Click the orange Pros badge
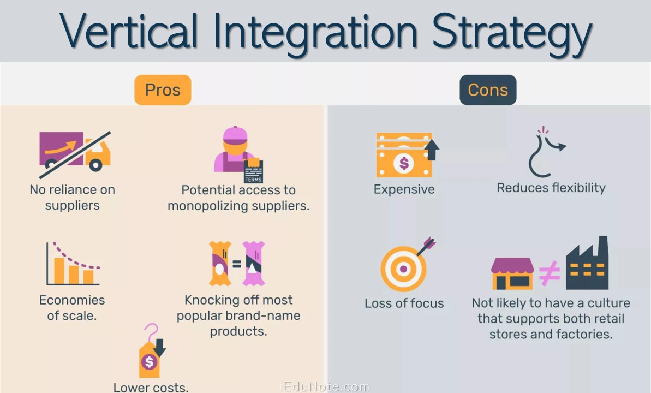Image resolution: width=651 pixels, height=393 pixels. pos(163,90)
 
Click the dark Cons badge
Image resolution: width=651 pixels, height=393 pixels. pos(488,90)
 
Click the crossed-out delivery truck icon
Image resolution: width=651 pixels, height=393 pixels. pos(75,152)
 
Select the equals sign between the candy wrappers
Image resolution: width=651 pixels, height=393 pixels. pos(236,264)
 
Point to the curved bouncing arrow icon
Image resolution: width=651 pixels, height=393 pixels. pos(546,153)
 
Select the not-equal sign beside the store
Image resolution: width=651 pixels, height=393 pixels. pos(550,273)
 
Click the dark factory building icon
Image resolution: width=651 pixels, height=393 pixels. pos(587,264)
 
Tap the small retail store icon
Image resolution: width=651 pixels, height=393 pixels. pos(512,273)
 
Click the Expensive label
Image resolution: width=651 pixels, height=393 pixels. pos(404,189)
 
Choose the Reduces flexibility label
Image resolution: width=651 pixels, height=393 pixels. pos(551,188)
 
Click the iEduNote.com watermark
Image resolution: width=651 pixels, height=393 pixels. pos(325,387)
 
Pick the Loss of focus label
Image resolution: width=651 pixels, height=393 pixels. pos(404,303)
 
